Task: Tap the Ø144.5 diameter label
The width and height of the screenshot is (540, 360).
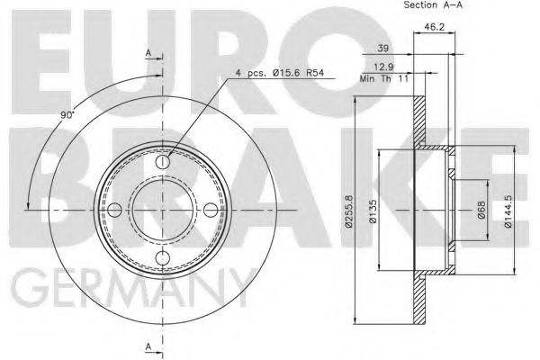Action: click(x=509, y=211)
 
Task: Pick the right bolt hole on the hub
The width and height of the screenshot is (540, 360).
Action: click(x=210, y=211)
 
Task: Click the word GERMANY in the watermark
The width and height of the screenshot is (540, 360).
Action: click(x=131, y=289)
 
